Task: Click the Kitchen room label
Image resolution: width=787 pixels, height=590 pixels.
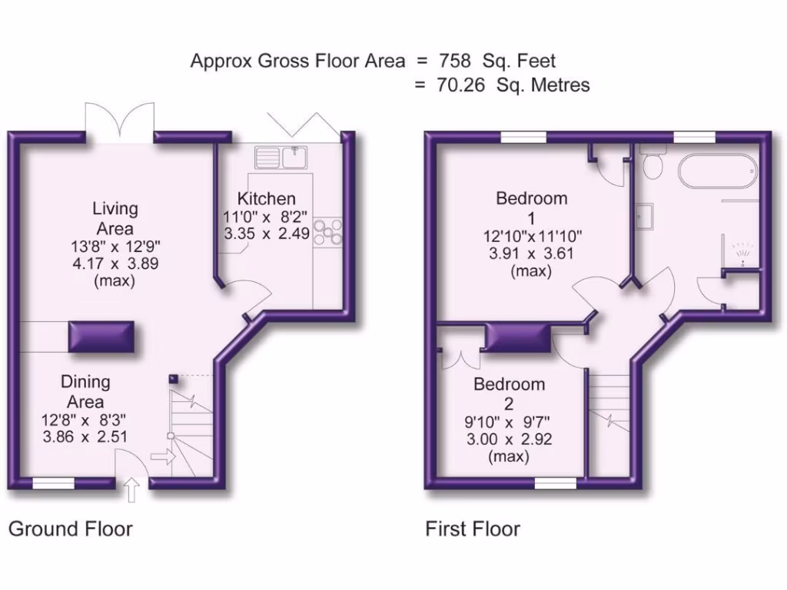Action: coord(266,199)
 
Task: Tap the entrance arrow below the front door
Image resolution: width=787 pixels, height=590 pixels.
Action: coord(131,489)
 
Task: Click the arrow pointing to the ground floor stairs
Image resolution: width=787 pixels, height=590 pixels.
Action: coord(163,457)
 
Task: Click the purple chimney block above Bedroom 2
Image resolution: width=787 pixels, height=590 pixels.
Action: coord(519,336)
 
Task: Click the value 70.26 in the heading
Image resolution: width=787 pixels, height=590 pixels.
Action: coord(461,85)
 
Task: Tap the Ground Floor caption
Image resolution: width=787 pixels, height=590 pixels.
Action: coord(70,529)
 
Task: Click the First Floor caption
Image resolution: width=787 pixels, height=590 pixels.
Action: coord(473,529)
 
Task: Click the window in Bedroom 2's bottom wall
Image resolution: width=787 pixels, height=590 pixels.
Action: coord(556,482)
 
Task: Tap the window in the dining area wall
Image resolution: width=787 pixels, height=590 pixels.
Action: coord(54,482)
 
